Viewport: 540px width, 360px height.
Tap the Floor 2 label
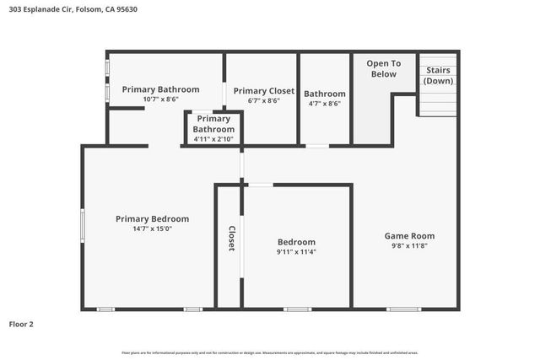click(21, 324)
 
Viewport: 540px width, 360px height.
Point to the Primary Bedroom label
click(152, 218)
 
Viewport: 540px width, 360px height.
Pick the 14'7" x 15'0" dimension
click(152, 228)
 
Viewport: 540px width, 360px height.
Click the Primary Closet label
click(263, 90)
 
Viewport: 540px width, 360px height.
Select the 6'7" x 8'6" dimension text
click(263, 100)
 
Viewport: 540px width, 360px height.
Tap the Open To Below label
click(383, 68)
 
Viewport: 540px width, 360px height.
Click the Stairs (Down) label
click(438, 75)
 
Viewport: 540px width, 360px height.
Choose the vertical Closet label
click(230, 238)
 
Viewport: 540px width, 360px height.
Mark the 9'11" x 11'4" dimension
click(296, 251)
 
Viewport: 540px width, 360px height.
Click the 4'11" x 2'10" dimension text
click(213, 139)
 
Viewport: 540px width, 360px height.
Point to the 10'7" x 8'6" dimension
click(160, 99)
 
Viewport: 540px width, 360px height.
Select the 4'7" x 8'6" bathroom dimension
click(325, 104)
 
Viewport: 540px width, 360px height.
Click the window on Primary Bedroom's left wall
click(82, 226)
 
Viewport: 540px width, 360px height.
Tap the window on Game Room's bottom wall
click(403, 309)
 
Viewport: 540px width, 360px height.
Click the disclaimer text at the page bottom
click(270, 352)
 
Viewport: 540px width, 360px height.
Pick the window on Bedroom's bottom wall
click(296, 309)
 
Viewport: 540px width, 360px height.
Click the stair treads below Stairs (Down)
click(439, 105)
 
